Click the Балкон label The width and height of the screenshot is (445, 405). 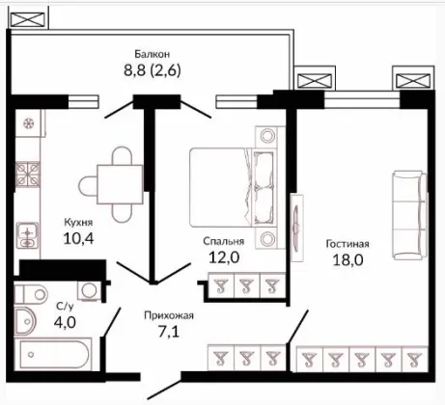tap(153, 54)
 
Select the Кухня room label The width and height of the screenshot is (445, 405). tap(78, 223)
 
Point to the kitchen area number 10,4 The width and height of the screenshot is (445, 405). tap(79, 238)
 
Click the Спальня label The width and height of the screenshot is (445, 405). tap(224, 241)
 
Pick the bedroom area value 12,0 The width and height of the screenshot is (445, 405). tap(224, 257)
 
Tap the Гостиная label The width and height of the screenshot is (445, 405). tap(348, 244)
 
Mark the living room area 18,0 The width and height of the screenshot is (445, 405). tap(348, 259)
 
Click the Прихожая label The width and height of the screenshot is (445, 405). tap(169, 316)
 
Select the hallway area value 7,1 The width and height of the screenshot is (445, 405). tap(169, 332)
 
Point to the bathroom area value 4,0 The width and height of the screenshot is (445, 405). tap(65, 322)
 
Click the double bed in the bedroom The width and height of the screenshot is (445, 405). tap(234, 187)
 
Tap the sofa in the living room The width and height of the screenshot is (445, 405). tap(409, 215)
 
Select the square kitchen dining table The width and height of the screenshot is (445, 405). tap(120, 184)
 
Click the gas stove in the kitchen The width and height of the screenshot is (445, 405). tap(28, 175)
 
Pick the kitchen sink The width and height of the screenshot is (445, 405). tap(27, 235)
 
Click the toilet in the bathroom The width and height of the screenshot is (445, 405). tap(32, 294)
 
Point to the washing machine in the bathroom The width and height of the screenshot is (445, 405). tap(88, 291)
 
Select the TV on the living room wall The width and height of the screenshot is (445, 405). tap(296, 228)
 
